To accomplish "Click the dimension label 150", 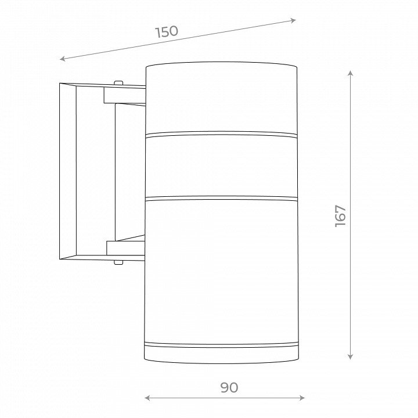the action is coord(167,32).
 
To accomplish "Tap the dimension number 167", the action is coord(340,216).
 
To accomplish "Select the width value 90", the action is coord(229,387).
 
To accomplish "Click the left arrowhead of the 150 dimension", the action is coord(62,59).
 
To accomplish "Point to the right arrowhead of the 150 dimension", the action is coord(293,20).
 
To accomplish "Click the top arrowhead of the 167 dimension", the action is coord(351,73).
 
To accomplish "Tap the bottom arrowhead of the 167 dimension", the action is coord(351,356).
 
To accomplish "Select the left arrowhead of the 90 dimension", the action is coord(147,398).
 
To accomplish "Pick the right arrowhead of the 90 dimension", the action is coord(302,398).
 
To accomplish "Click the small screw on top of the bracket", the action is coord(118,83).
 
